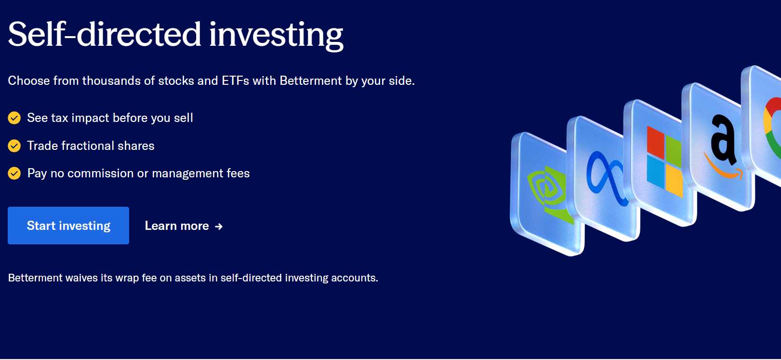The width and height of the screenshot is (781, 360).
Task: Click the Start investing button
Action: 68,226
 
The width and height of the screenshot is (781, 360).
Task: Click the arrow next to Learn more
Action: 219,227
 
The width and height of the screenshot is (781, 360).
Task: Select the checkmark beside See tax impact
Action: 14,118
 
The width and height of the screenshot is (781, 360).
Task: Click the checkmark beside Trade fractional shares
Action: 14,146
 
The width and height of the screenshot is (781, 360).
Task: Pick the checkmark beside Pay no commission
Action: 14,173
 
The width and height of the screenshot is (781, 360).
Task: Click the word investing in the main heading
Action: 276,36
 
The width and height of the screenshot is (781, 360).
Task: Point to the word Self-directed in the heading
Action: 105,34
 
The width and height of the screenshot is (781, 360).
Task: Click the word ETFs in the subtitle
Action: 235,80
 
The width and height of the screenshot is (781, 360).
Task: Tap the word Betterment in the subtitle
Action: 311,80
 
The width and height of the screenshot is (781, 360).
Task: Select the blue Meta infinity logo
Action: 607,178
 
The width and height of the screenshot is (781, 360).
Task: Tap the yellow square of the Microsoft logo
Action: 674,180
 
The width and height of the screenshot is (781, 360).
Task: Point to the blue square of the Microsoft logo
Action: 655,171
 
